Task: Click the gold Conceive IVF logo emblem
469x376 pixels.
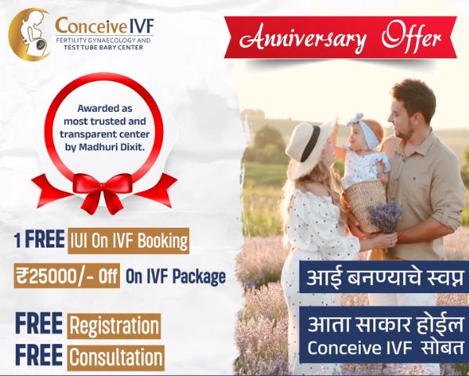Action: [x=29, y=34]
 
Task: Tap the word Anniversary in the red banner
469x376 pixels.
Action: [x=303, y=39]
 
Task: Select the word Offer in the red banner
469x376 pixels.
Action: [x=411, y=37]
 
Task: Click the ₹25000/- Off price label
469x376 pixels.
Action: [x=67, y=276]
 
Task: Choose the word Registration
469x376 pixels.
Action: [x=115, y=326]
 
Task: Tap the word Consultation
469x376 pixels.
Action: [x=116, y=357]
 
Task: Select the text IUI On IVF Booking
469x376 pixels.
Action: [x=129, y=240]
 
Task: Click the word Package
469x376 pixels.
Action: [x=199, y=277]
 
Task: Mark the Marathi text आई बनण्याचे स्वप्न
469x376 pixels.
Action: [x=385, y=278]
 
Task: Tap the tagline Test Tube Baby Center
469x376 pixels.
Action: [x=104, y=47]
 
